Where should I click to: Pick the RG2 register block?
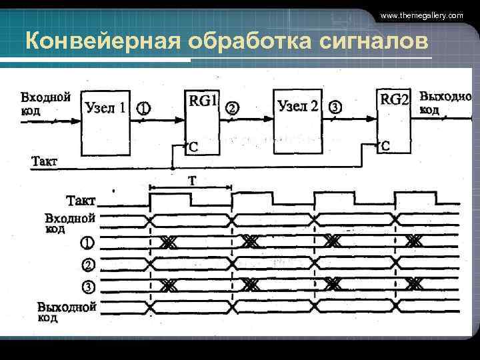[393, 120]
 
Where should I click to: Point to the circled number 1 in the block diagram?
[143, 108]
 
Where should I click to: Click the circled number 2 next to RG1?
[232, 108]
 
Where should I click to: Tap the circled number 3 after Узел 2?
[335, 107]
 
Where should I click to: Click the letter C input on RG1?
[193, 147]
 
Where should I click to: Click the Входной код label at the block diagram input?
[45, 103]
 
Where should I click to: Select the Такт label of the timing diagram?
[81, 201]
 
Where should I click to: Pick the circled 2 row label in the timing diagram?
[88, 265]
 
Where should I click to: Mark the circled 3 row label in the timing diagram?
[88, 287]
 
